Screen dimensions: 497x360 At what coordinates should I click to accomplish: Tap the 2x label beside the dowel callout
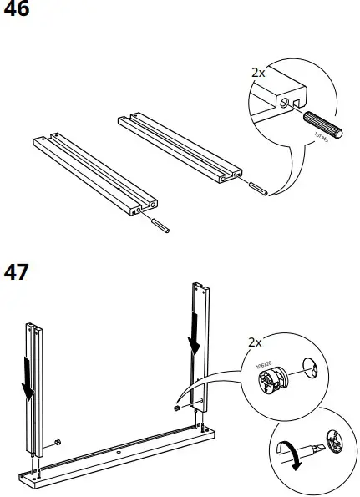coord(258,73)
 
